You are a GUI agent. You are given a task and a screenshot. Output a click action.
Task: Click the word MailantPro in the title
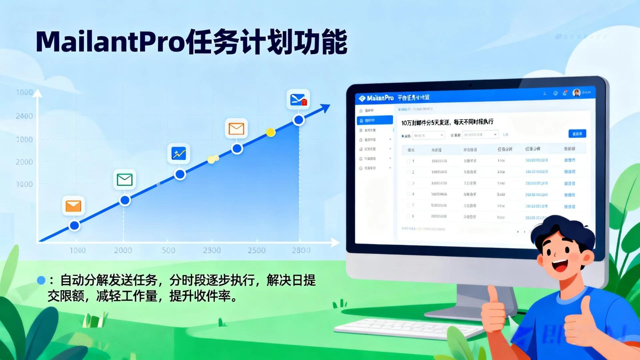pyautogui.click(x=110, y=42)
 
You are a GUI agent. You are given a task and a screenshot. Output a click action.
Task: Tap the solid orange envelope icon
pyautogui.click(x=73, y=206)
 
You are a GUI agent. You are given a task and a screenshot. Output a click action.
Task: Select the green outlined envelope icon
pyautogui.click(x=125, y=180)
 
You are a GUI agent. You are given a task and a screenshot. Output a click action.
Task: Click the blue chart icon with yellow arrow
pyautogui.click(x=179, y=154)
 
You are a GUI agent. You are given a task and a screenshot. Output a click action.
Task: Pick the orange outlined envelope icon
pyautogui.click(x=236, y=128)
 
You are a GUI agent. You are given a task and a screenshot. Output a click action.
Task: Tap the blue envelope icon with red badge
pyautogui.click(x=298, y=99)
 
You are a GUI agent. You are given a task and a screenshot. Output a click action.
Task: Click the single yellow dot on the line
pyautogui.click(x=271, y=133)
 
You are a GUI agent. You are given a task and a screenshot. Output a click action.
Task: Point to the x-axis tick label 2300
pyautogui.click(x=212, y=250)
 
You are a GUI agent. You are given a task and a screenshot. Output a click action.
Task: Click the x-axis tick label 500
pyautogui.click(x=168, y=250)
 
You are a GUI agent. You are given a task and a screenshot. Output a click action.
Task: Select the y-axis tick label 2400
pyautogui.click(x=24, y=116)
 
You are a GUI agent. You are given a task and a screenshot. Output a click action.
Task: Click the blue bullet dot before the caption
pyautogui.click(x=41, y=280)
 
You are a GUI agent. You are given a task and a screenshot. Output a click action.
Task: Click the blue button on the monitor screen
pyautogui.click(x=577, y=134)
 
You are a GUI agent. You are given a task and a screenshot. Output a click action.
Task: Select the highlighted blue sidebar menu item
pyautogui.click(x=375, y=120)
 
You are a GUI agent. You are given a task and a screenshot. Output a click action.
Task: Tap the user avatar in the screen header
pyautogui.click(x=576, y=93)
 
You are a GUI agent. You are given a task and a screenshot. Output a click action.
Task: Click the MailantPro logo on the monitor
pyautogui.click(x=376, y=98)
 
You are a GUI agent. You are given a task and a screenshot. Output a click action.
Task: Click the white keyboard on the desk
pyautogui.click(x=407, y=328)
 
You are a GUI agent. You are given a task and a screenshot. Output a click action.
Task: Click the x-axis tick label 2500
pyautogui.click(x=256, y=250)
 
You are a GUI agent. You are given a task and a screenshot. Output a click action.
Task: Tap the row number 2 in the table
pyautogui.click(x=413, y=172)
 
